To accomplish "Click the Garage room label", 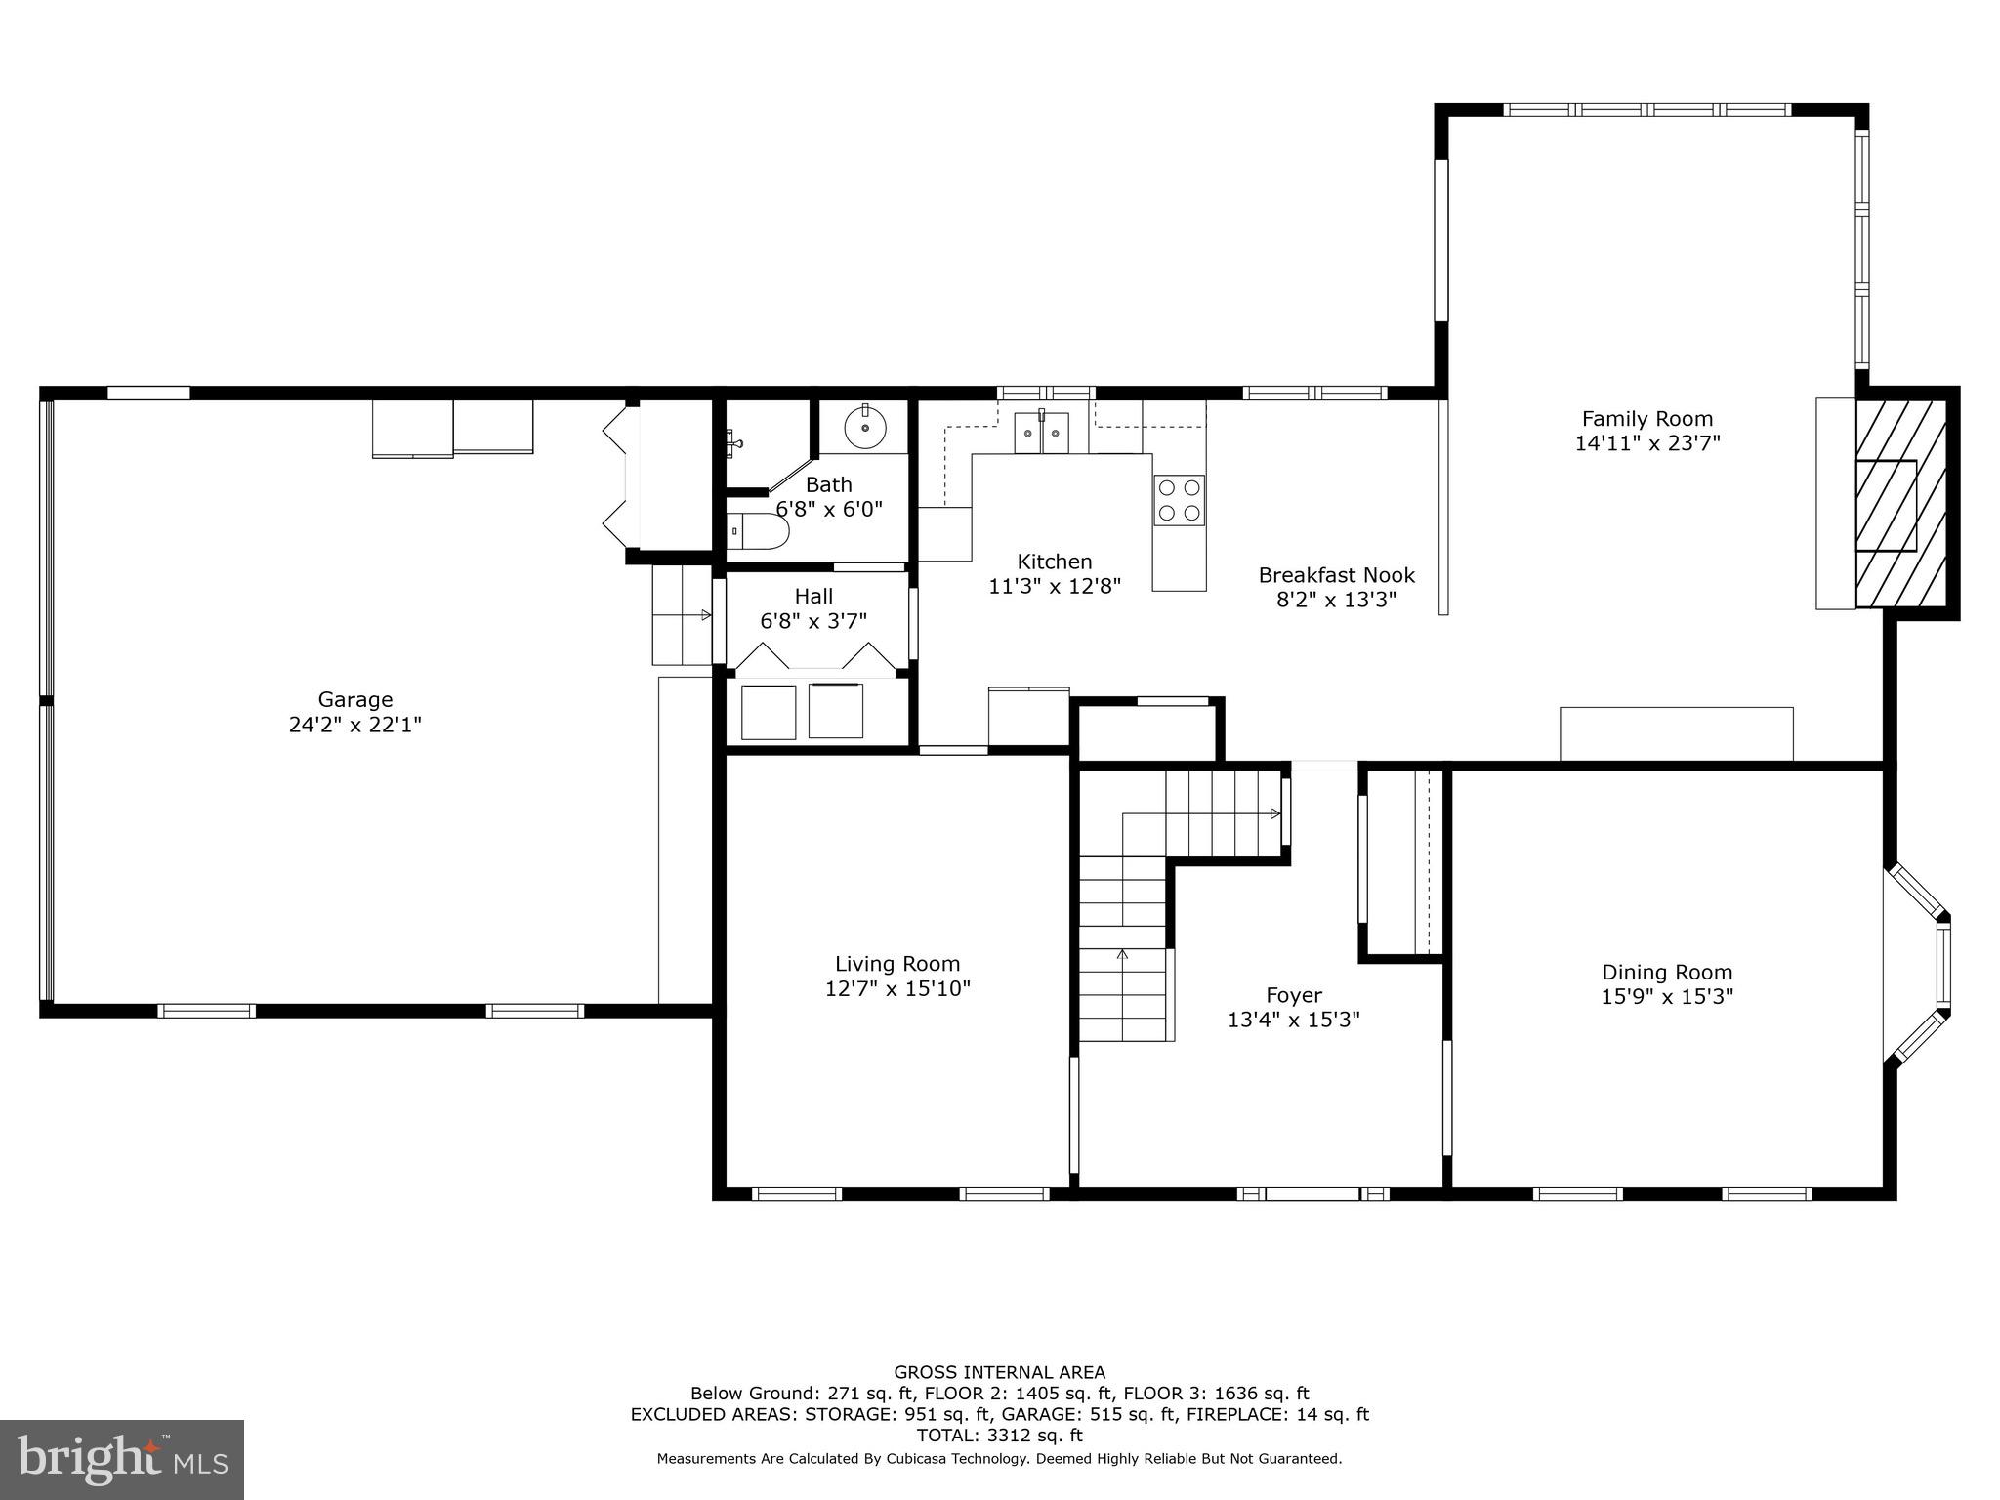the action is coord(355,699).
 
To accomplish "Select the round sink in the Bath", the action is coord(864,428).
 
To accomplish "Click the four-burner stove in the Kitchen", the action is coord(1179,500).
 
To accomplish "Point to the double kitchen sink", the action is coord(1041,433).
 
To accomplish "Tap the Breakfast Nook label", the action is coord(1336,575).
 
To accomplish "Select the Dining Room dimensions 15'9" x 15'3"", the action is coord(1667,996).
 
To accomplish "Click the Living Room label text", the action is coord(897,964).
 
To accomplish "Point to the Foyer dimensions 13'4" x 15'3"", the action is coord(1294,1020).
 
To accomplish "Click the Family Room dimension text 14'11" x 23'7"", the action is coord(1647,442).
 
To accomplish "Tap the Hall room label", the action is coord(813,596).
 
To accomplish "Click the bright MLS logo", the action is coord(122,1460).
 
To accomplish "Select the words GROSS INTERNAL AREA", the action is coord(1000,1372).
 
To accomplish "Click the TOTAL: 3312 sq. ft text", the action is coord(1000,1436).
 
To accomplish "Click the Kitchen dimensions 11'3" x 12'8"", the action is coord(1055,586).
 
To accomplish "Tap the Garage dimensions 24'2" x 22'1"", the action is coord(355,725).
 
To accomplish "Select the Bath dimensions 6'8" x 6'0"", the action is coord(829,509).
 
